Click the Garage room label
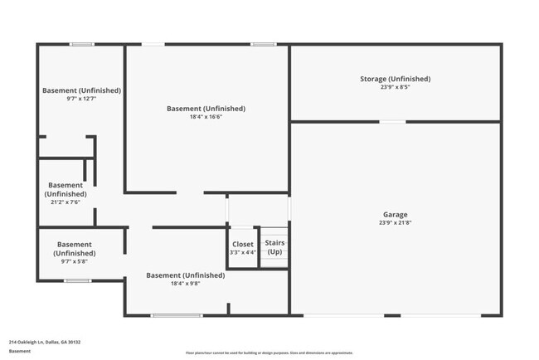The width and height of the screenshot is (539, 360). pos(395,214)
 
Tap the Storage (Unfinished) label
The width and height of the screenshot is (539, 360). pos(395,79)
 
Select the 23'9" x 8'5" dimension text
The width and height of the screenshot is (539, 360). pos(395,87)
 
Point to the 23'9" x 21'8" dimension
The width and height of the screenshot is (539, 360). pos(395,222)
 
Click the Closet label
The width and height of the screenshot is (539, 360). pos(243,245)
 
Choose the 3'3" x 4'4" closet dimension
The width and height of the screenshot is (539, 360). pos(243,252)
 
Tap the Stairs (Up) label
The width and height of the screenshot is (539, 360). pos(274,246)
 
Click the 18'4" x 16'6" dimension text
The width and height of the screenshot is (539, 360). pos(206,117)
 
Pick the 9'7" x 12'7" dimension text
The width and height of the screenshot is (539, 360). pos(81,99)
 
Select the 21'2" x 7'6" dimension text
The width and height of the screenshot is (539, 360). pos(66,202)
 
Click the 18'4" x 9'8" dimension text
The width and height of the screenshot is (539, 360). pos(185,283)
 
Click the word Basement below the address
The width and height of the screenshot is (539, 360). pos(20,351)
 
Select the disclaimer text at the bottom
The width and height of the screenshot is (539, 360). pos(269,351)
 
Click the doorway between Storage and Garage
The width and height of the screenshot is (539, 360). pos(392,122)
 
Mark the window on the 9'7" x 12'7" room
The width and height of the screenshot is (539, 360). pos(81,44)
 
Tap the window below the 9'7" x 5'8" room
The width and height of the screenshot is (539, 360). pos(77,280)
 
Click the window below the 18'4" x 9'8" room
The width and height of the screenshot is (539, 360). pos(176,315)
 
